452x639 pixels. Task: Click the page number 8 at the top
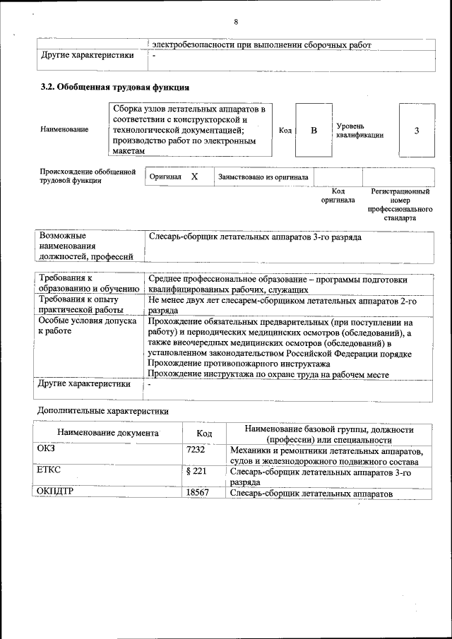tap(235, 22)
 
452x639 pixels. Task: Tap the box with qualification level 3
tap(416, 131)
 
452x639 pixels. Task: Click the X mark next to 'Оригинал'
tap(194, 177)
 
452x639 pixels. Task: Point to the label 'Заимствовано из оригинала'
tap(263, 177)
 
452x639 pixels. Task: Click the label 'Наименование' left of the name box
tap(64, 130)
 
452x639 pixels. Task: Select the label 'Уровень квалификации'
tap(359, 131)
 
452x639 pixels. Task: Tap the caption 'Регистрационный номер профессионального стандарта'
tap(400, 205)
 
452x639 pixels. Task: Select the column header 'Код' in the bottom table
tap(204, 433)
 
